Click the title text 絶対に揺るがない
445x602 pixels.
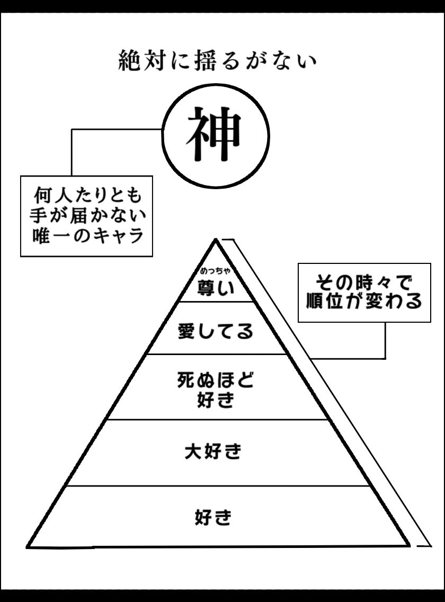pyautogui.click(x=217, y=61)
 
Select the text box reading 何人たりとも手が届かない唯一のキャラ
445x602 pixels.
pyautogui.click(x=86, y=216)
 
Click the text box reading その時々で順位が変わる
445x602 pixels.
pyautogui.click(x=364, y=292)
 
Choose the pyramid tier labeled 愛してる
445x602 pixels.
pyautogui.click(x=216, y=332)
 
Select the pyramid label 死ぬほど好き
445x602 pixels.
pyautogui.click(x=216, y=389)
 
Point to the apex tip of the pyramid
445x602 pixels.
pyautogui.click(x=216, y=241)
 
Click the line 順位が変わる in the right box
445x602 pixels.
pyautogui.click(x=364, y=302)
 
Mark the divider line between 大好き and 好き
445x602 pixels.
pyautogui.click(x=217, y=486)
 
